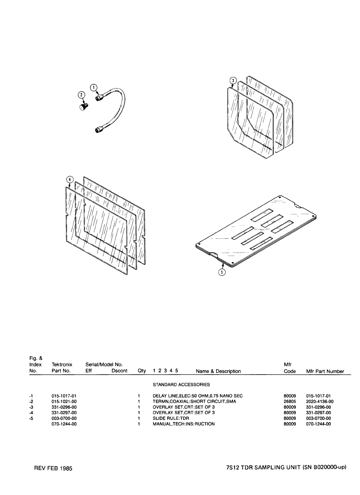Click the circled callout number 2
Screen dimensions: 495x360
tap(81, 95)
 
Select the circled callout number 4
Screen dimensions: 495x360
tap(70, 179)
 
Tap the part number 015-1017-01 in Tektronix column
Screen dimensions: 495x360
tap(64, 396)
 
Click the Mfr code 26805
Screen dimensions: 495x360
tap(289, 402)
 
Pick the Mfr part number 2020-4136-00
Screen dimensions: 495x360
tap(318, 402)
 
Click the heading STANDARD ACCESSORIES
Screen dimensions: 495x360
tap(181, 384)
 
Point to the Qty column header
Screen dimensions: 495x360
tap(142, 371)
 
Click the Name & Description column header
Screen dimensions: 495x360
tap(218, 371)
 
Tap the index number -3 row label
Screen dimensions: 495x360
tap(31, 407)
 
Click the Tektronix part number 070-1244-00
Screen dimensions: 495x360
tap(64, 424)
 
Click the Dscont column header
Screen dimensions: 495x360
tap(119, 371)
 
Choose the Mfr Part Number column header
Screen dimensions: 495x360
tap(325, 371)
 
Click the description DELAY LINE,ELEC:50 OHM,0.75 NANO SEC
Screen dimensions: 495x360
tap(197, 396)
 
